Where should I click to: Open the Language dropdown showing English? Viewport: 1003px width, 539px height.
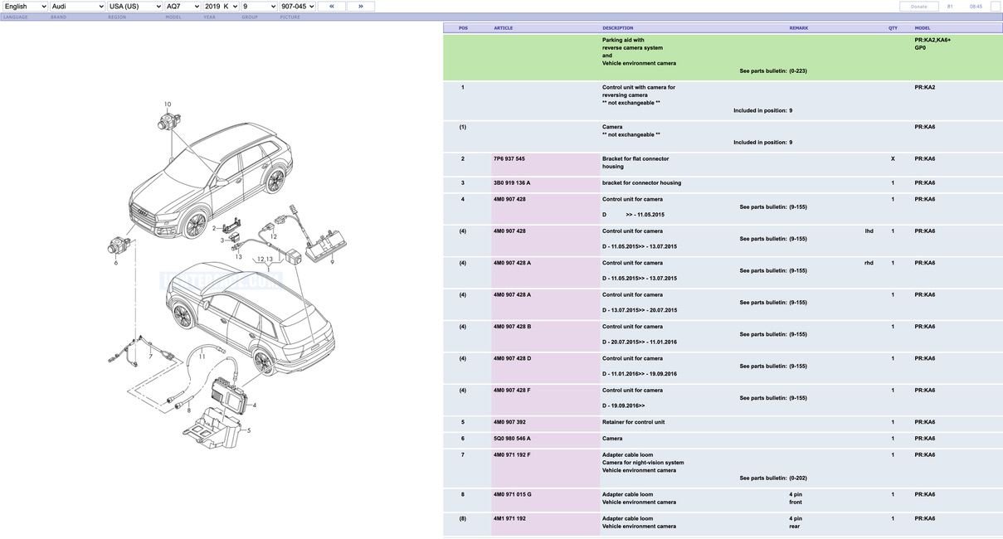[25, 7]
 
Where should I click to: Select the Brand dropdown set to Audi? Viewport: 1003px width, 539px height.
[77, 7]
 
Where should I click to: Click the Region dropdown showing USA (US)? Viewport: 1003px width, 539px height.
[134, 7]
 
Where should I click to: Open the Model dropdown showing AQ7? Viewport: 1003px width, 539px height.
[183, 7]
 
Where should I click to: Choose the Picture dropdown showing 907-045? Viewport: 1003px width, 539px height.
[298, 7]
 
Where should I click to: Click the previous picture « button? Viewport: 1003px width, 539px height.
[332, 7]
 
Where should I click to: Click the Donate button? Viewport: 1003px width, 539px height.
[918, 7]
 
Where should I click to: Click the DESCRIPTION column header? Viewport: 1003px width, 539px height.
[617, 28]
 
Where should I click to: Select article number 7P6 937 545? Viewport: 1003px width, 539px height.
[509, 158]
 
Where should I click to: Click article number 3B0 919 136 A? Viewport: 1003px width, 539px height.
[512, 182]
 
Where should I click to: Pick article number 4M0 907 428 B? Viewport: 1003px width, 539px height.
[512, 327]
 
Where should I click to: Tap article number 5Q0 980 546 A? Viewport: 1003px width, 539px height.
[512, 439]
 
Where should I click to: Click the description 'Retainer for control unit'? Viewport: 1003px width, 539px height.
[633, 422]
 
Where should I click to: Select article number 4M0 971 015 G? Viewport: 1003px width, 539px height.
[513, 494]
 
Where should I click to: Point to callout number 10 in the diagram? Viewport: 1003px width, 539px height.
[168, 104]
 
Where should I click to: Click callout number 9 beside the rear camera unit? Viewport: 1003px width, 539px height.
[332, 261]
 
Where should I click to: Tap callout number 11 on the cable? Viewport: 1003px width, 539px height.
[202, 357]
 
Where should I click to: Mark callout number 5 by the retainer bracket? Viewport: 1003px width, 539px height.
[248, 430]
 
